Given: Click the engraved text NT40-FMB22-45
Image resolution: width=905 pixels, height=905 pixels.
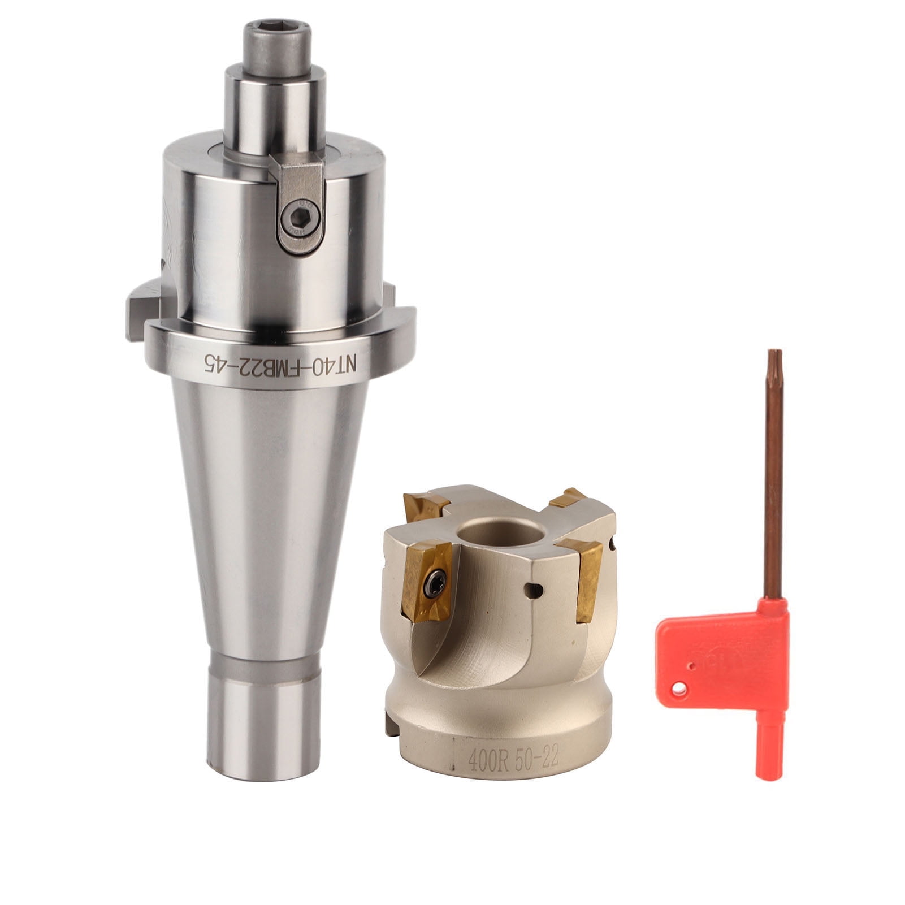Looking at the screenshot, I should pyautogui.click(x=281, y=360).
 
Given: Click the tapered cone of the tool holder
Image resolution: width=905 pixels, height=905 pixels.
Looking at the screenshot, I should pyautogui.click(x=266, y=509).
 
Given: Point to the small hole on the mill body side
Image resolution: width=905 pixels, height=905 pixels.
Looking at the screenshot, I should pyautogui.click(x=534, y=590).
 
